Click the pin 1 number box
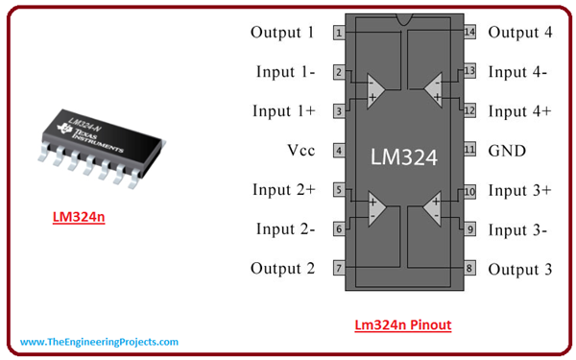339,33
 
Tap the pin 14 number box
469,33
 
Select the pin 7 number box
339,268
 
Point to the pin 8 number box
469,268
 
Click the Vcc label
300,151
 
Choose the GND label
507,151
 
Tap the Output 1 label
282,33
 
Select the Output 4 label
520,33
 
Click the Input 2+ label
283,190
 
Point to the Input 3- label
517,229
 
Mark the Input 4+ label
519,111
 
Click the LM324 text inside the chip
404,153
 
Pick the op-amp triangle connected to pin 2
375,90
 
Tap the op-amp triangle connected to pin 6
375,209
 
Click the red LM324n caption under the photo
79,218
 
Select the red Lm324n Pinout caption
402,324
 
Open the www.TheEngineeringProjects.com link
99,342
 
